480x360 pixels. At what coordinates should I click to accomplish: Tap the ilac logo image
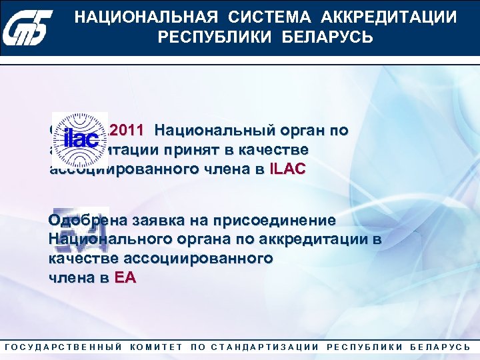tap(80, 140)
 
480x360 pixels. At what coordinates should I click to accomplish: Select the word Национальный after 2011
tap(211, 130)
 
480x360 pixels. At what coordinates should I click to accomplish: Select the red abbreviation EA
tap(125, 279)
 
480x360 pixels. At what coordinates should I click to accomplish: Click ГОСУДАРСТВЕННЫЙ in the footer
tap(63, 347)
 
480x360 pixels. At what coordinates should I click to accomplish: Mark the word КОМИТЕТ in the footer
tap(157, 347)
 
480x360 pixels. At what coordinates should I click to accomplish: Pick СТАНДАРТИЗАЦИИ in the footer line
tap(265, 347)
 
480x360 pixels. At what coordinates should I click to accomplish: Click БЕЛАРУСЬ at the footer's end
tap(439, 347)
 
